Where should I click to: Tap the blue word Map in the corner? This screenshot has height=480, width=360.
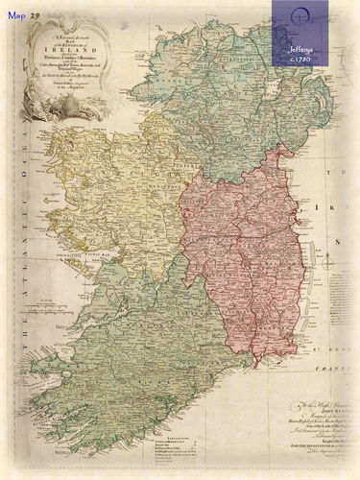click(17, 14)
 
